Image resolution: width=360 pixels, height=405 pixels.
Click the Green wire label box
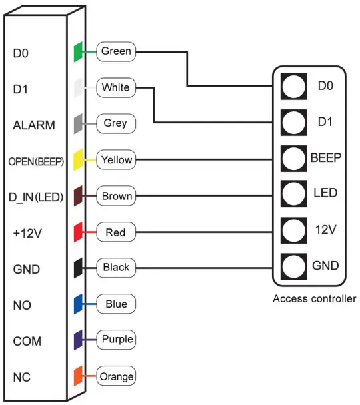click(x=116, y=51)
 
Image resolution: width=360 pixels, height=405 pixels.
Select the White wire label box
click(x=116, y=87)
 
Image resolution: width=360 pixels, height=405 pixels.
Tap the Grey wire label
click(x=115, y=123)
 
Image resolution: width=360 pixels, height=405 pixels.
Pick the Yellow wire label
click(x=116, y=160)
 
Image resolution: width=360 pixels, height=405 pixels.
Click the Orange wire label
click(x=116, y=376)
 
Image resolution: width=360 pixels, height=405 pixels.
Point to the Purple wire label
click(x=117, y=340)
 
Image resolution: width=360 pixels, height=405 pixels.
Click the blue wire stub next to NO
click(x=77, y=305)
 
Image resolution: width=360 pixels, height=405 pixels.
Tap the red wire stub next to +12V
click(x=77, y=233)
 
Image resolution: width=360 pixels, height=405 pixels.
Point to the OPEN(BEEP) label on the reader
click(x=36, y=161)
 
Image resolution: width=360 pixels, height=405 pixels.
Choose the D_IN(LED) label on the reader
click(x=36, y=197)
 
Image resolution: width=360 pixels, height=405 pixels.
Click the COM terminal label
click(x=27, y=341)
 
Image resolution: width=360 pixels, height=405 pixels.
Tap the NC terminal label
click(x=21, y=377)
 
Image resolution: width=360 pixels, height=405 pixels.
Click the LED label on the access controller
click(x=325, y=193)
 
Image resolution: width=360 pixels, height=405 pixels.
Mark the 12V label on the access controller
click(x=325, y=230)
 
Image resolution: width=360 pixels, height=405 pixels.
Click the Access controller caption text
click(x=314, y=298)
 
